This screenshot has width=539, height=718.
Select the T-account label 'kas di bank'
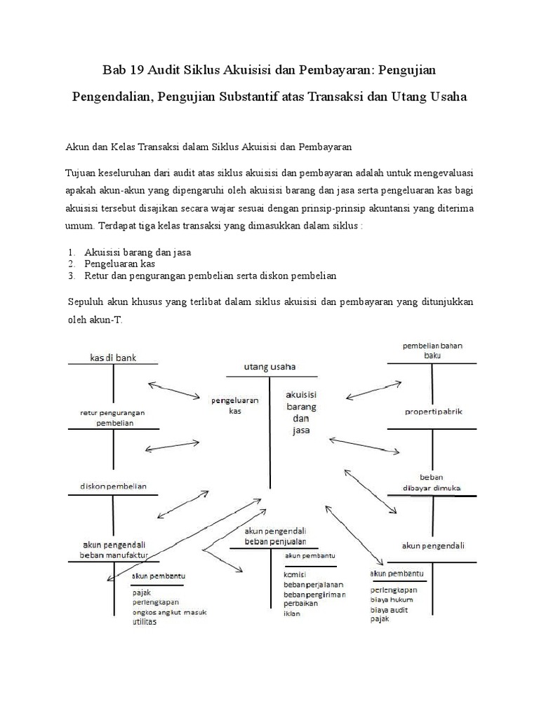(113, 358)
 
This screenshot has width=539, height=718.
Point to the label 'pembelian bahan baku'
(432, 351)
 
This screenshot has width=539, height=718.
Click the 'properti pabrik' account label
(432, 411)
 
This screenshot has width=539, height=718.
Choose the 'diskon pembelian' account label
(113, 486)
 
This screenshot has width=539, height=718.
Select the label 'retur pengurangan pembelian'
(113, 417)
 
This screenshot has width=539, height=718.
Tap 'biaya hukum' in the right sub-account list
(392, 600)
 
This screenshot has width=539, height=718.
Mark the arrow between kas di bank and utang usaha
(174, 391)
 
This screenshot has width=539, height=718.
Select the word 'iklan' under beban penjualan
(292, 614)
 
